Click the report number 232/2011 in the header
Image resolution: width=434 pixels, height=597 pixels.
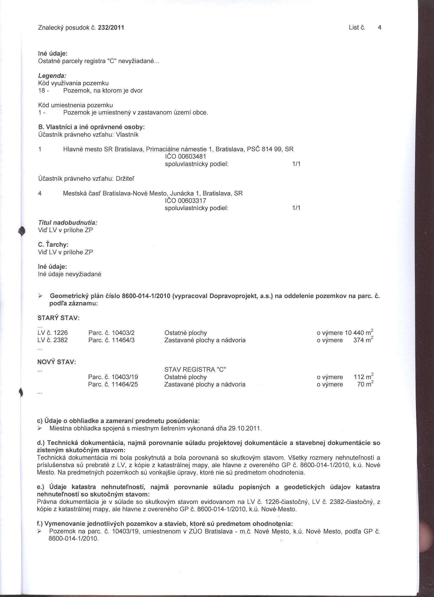(x=111, y=28)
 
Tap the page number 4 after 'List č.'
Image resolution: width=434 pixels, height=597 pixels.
(x=379, y=27)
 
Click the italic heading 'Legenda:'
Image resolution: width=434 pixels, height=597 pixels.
(x=52, y=76)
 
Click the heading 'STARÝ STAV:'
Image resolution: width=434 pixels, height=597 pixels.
(x=59, y=318)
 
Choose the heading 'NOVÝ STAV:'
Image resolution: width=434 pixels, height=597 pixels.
(x=57, y=362)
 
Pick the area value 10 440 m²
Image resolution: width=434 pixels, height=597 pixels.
(x=359, y=333)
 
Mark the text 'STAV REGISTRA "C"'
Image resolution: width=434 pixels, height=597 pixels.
(x=195, y=370)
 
